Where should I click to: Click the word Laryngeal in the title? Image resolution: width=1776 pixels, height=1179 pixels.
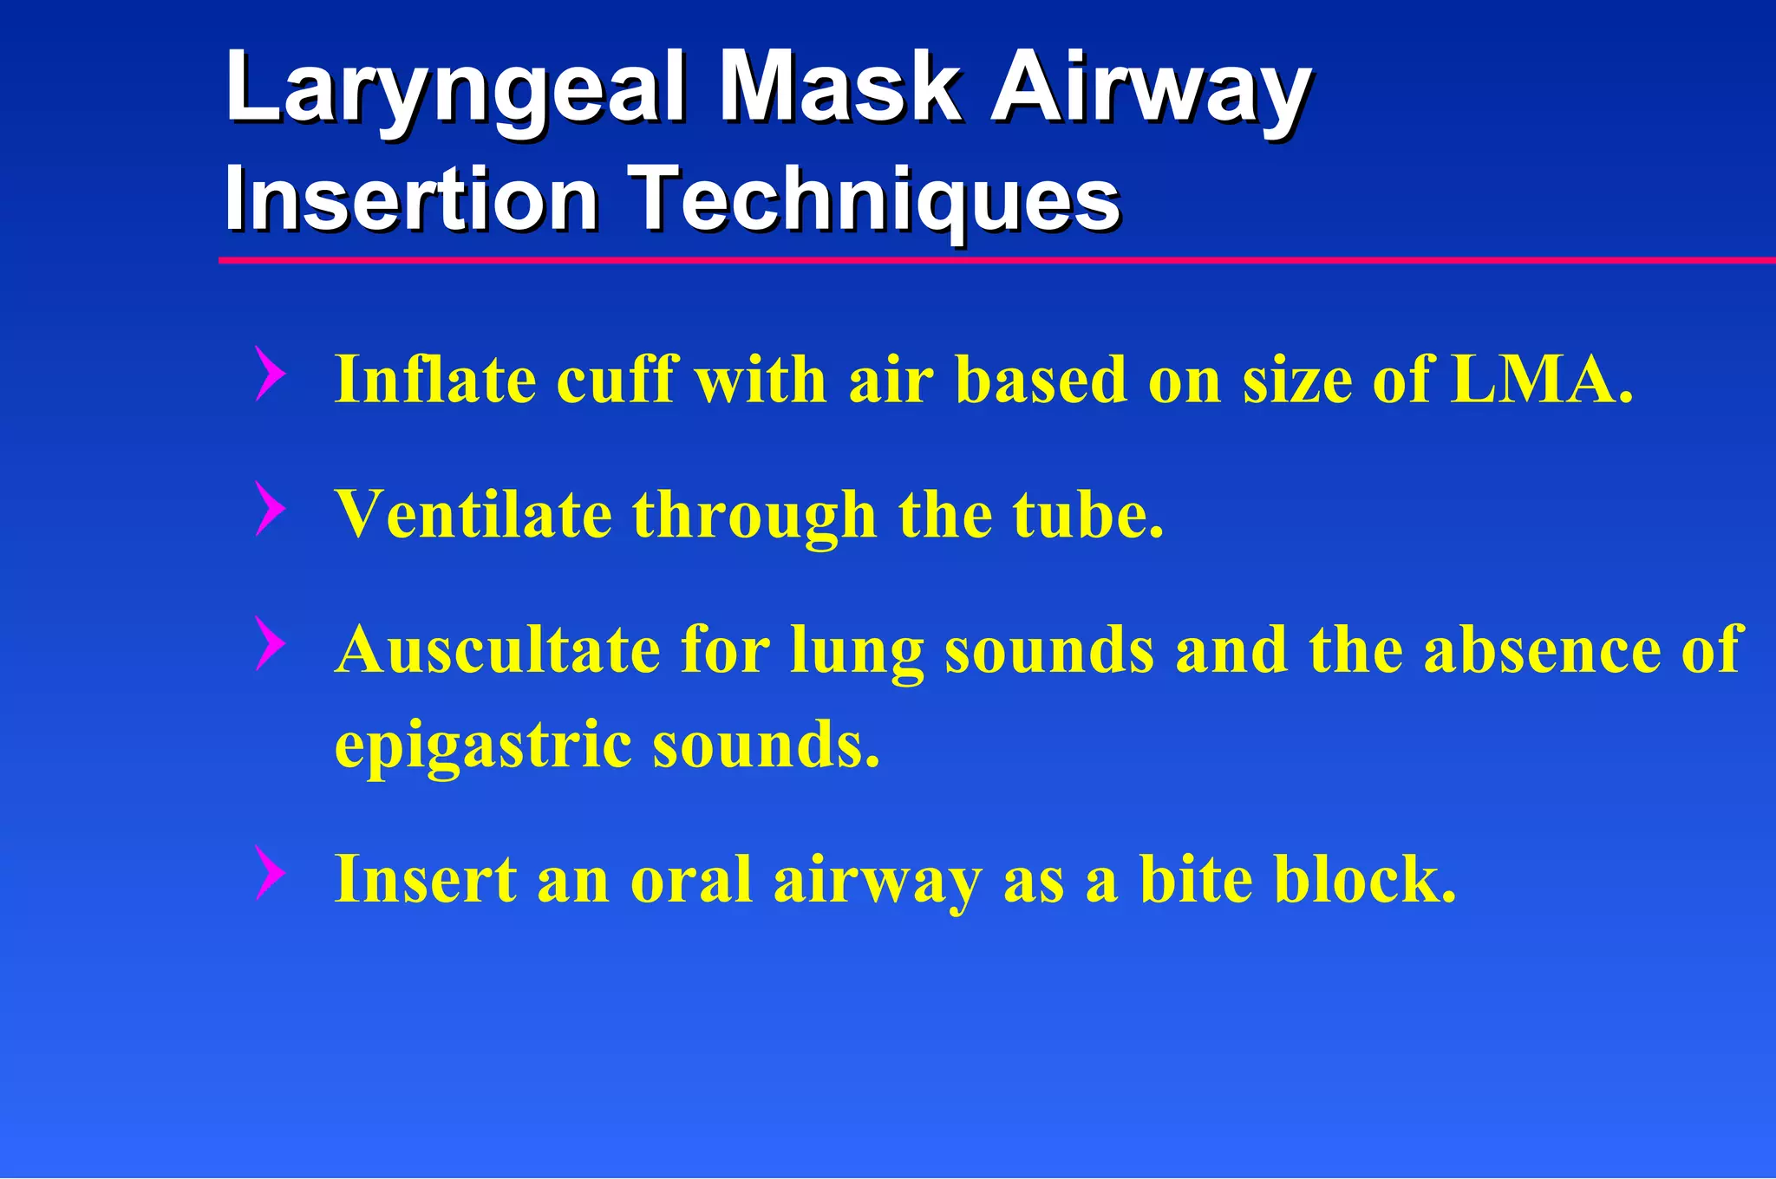455,88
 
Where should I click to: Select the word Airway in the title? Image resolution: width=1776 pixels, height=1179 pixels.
1151,88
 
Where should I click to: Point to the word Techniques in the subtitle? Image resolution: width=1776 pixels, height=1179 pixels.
874,201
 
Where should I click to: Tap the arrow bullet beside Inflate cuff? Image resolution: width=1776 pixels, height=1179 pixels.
271,374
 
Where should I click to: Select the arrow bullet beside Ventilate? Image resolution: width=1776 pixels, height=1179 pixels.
271,509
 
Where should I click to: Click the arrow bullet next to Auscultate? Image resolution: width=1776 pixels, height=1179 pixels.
271,644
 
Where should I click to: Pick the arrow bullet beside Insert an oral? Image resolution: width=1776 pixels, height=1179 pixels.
271,873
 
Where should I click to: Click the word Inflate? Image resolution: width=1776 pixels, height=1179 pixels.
434,379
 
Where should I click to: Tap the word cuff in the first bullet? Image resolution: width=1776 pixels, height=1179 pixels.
617,379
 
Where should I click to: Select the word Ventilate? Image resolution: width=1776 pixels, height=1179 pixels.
474,514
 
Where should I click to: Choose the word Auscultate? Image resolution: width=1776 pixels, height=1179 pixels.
498,649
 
